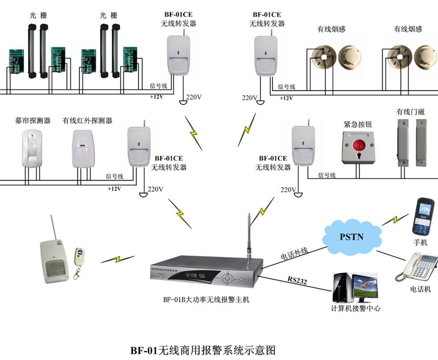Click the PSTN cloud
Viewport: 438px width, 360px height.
(x=351, y=236)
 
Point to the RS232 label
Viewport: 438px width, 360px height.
(x=297, y=280)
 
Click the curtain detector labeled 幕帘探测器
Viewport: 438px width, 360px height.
(x=32, y=149)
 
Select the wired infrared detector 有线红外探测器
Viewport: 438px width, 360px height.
(x=83, y=149)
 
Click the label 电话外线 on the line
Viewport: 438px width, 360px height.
(x=294, y=254)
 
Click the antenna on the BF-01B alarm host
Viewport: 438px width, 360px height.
(x=250, y=236)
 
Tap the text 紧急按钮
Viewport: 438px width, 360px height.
(x=357, y=124)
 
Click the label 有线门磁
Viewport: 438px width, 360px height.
(x=410, y=112)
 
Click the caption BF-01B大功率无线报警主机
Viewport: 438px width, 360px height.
(x=206, y=299)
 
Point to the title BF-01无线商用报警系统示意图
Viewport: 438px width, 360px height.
(x=203, y=350)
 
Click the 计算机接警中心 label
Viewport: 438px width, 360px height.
(x=356, y=308)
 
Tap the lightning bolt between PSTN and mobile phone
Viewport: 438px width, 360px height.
(x=394, y=219)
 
